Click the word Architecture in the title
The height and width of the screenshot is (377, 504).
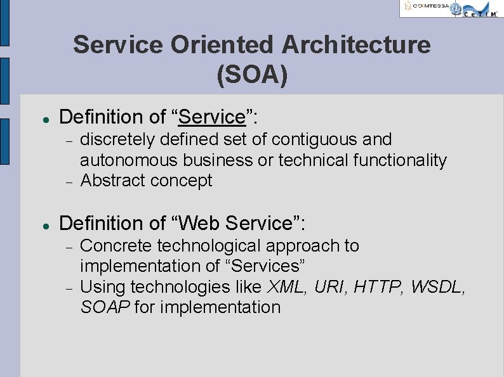[x=355, y=45]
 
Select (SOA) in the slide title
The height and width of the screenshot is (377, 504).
[x=252, y=74]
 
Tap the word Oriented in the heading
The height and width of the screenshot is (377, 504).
[x=215, y=45]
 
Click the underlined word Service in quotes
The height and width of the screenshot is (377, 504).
[x=212, y=117]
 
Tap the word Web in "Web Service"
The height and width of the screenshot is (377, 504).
[x=199, y=224]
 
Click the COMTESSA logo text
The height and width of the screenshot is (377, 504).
[x=430, y=7]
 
